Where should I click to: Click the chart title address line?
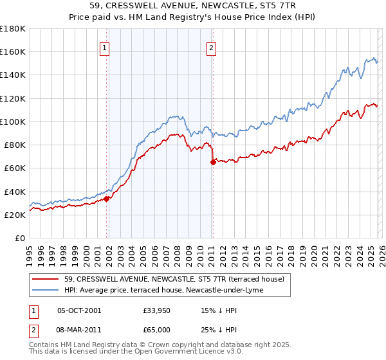click(x=193, y=6)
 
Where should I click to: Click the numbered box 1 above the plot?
click(x=104, y=46)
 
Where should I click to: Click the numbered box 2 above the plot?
click(x=211, y=46)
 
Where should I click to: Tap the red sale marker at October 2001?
click(x=107, y=199)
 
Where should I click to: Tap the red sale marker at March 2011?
click(x=213, y=163)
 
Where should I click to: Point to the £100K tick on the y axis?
click(x=13, y=122)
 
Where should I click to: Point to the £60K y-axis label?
click(x=14, y=168)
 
